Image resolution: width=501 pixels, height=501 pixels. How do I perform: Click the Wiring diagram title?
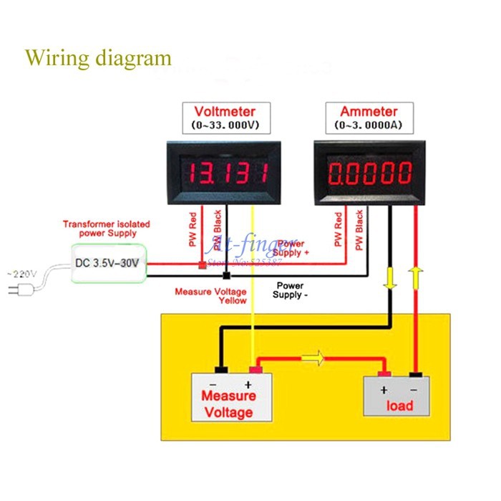click(x=99, y=57)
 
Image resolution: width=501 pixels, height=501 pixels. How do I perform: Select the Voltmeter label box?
click(x=225, y=118)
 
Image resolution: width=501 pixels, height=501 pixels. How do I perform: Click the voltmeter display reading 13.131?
click(x=225, y=173)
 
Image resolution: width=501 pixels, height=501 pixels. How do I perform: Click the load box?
click(x=399, y=396)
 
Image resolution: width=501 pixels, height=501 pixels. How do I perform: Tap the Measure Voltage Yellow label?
click(x=211, y=296)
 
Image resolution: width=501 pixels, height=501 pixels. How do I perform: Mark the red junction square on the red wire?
click(x=203, y=265)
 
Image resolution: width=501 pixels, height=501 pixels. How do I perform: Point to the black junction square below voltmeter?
click(x=225, y=275)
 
